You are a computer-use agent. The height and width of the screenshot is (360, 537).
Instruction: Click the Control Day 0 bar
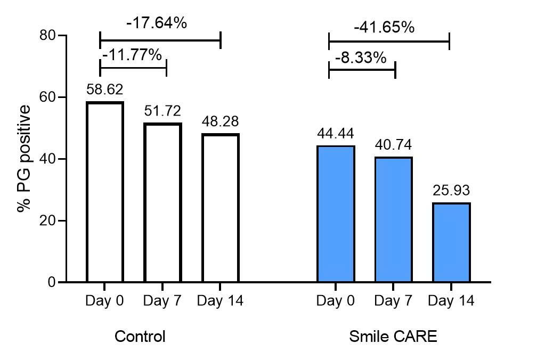(x=105, y=192)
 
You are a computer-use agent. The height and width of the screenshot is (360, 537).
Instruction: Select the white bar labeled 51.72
(x=162, y=202)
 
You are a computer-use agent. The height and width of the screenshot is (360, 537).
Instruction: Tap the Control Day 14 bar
(x=221, y=208)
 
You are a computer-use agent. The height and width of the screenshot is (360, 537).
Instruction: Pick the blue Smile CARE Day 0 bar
(x=336, y=214)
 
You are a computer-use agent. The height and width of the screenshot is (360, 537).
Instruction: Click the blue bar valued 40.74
(x=394, y=219)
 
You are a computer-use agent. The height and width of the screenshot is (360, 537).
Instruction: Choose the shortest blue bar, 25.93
(x=452, y=242)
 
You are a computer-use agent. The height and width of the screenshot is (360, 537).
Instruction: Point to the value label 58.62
(x=105, y=89)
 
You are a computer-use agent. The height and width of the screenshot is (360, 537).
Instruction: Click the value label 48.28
(x=221, y=122)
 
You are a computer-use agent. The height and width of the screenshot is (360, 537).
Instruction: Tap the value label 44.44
(x=336, y=134)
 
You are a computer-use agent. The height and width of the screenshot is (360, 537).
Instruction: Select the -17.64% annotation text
(x=156, y=23)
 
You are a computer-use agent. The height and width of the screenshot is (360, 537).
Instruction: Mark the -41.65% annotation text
(x=384, y=27)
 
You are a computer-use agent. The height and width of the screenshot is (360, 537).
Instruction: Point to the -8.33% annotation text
(x=360, y=57)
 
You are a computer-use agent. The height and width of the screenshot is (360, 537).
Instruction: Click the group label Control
(x=140, y=337)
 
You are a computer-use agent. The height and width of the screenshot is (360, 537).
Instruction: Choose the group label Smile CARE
(x=393, y=337)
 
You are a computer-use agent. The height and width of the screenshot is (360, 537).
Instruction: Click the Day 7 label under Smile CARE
(x=394, y=301)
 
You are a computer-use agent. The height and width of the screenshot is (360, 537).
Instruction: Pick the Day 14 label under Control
(x=220, y=301)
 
